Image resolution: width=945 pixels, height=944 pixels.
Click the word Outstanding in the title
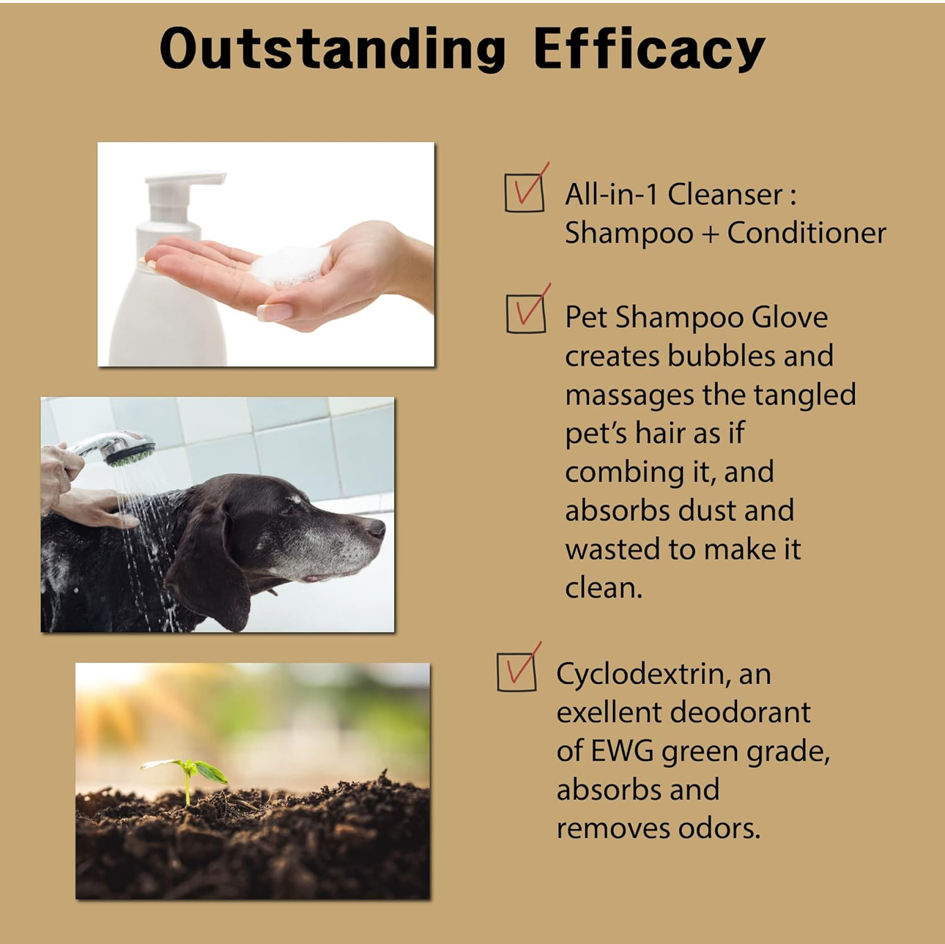pyautogui.click(x=333, y=48)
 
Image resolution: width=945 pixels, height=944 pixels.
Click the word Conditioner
pyautogui.click(x=807, y=234)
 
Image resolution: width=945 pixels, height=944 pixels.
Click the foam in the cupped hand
pyautogui.click(x=290, y=265)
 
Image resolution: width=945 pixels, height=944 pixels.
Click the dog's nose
pyautogui.click(x=376, y=528)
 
